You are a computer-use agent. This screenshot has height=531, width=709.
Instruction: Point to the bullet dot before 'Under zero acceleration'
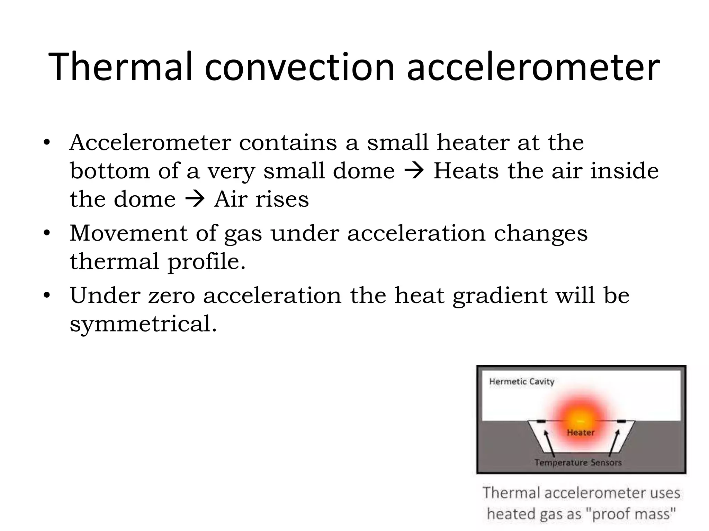coord(47,296)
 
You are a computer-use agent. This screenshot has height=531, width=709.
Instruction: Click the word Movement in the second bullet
coord(128,233)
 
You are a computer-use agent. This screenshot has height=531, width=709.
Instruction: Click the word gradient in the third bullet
coord(500,297)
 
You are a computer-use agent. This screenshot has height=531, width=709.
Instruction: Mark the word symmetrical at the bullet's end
coord(143,324)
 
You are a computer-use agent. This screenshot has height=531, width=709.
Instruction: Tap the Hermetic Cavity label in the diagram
coord(522,382)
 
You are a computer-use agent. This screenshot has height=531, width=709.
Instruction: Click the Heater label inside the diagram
coord(581,432)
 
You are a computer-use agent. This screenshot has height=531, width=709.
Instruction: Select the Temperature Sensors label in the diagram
coord(578,463)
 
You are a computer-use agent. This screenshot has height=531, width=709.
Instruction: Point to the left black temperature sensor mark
coord(541,421)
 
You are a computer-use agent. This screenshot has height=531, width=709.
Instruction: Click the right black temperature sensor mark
coord(621,421)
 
